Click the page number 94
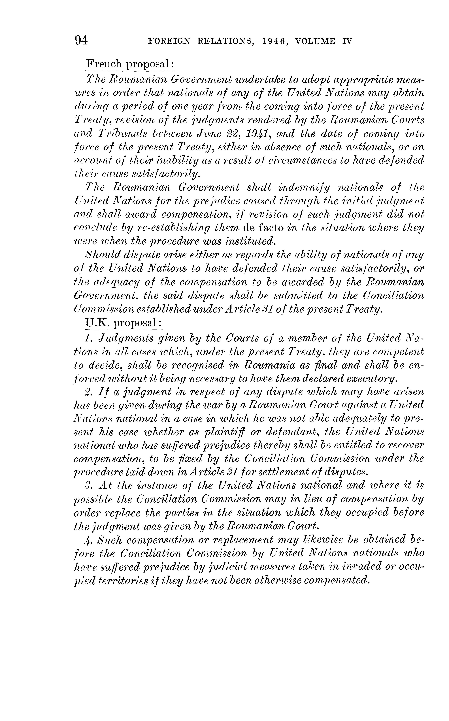pos(81,40)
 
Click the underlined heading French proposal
pos(130,64)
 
